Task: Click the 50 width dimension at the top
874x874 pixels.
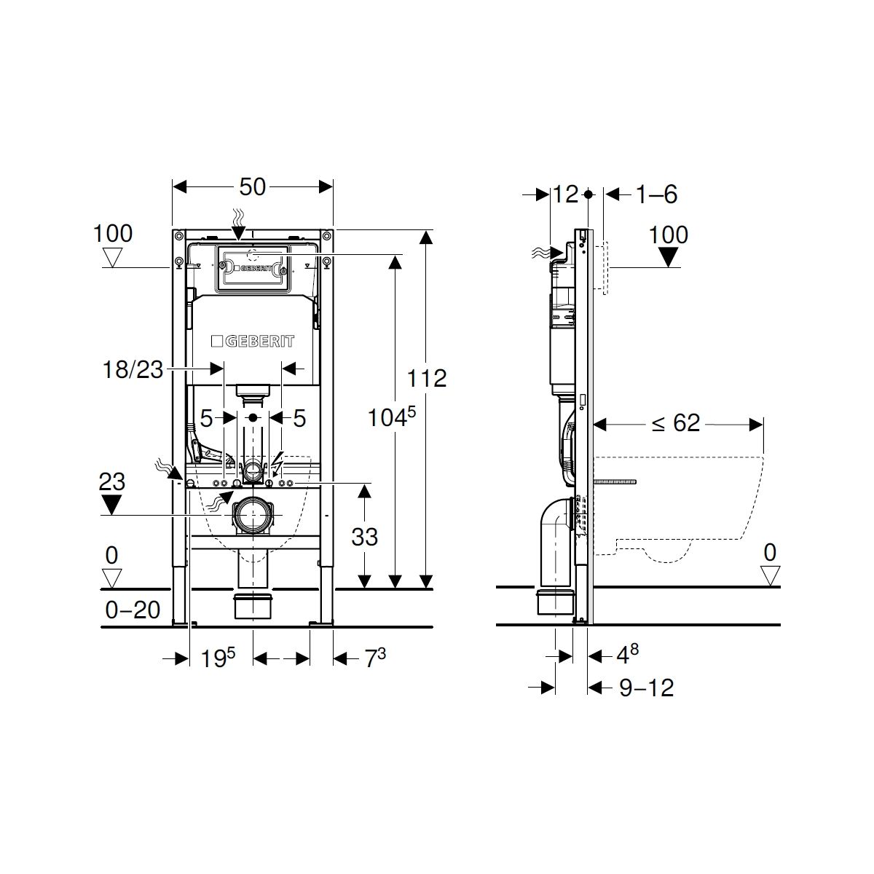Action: pos(252,187)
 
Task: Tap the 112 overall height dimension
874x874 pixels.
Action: pos(426,378)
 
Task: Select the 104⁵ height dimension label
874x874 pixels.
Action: pos(391,417)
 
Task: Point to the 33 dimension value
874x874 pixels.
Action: pos(364,537)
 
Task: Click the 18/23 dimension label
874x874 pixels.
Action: pos(133,369)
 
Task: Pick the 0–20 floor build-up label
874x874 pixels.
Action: pos(133,610)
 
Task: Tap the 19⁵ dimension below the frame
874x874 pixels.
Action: pos(218,658)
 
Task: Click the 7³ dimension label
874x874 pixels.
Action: pos(375,658)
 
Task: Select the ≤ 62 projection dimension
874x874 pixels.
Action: pos(676,423)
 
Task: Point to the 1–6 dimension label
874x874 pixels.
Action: pos(657,194)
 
